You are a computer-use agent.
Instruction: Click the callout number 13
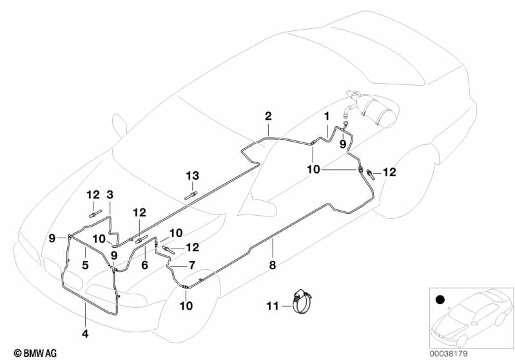coord(193,176)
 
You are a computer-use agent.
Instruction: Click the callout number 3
coord(109,194)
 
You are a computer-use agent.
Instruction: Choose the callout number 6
coord(145,265)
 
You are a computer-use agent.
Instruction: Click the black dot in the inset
coord(441,300)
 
